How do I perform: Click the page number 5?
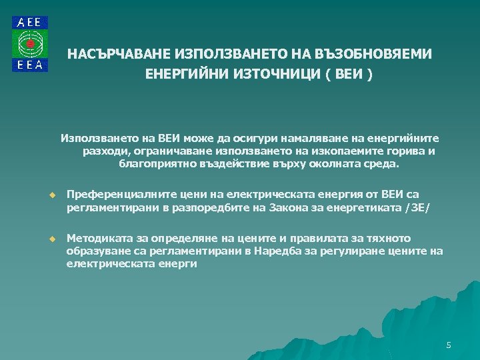[x=449, y=345]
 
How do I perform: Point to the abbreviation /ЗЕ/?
[x=418, y=208]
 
